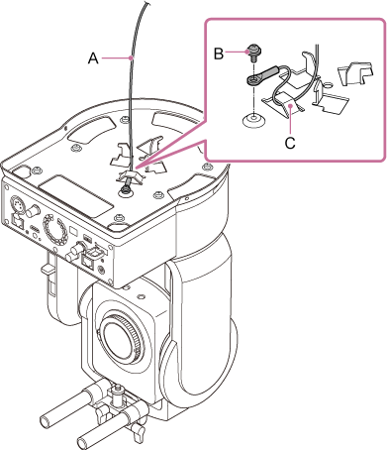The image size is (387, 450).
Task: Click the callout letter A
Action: click(93, 58)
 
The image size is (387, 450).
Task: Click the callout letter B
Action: click(219, 54)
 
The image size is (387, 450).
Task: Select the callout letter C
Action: click(290, 143)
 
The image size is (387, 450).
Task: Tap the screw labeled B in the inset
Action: click(255, 53)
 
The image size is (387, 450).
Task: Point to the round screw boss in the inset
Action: click(254, 119)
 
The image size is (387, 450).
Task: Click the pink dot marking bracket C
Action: click(289, 105)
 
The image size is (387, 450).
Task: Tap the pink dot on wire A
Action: click(132, 57)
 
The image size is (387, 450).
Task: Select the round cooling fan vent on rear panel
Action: click(54, 227)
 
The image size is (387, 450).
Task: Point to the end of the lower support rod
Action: click(83, 442)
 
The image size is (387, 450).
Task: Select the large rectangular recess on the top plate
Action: click(76, 195)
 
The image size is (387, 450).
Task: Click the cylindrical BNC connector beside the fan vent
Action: click(75, 250)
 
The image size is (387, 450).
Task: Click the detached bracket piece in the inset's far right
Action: click(355, 72)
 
